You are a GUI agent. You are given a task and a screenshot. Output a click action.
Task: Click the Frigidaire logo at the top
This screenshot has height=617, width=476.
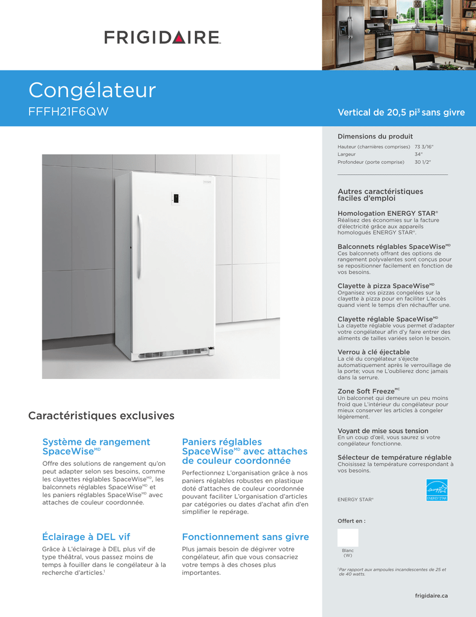(162, 37)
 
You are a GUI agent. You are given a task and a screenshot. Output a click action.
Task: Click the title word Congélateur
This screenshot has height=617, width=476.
(92, 90)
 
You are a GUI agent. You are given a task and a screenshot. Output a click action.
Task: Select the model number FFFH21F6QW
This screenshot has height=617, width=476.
(69, 112)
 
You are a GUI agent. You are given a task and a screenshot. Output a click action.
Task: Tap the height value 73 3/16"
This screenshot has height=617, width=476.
(424, 146)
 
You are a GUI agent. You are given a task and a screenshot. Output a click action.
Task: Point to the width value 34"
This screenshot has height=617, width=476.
(418, 154)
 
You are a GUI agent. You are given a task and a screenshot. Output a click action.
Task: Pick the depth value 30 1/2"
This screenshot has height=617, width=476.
(422, 162)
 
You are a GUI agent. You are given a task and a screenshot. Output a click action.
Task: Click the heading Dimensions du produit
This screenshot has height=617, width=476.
(375, 136)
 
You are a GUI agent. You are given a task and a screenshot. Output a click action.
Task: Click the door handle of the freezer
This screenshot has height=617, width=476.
(138, 247)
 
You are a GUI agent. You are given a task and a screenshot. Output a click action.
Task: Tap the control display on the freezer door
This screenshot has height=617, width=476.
(176, 198)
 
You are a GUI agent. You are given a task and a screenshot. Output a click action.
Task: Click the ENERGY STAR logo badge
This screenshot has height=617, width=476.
(436, 489)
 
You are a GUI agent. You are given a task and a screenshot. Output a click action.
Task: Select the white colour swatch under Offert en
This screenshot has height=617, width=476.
(348, 537)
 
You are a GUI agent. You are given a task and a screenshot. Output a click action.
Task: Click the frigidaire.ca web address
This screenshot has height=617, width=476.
(431, 596)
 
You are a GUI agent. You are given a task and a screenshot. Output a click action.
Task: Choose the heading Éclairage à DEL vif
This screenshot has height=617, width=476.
(86, 537)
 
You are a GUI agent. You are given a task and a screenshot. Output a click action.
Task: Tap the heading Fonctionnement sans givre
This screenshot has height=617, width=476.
(245, 537)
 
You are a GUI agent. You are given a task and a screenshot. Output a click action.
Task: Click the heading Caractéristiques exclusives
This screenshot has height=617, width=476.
(101, 416)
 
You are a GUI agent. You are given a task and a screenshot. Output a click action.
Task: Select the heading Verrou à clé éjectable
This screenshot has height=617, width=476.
(374, 352)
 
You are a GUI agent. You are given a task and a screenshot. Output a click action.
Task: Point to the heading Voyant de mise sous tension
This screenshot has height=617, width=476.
(383, 431)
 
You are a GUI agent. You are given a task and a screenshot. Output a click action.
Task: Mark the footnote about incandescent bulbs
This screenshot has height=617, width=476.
(392, 571)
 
